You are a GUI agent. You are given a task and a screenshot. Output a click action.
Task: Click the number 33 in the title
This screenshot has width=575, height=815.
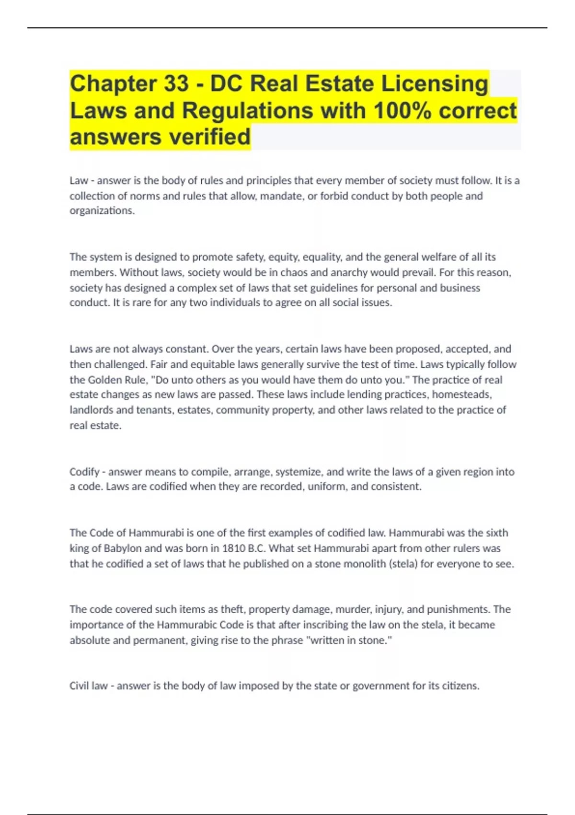pos(176,83)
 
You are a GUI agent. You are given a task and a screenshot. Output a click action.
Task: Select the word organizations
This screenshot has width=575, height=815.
pos(102,210)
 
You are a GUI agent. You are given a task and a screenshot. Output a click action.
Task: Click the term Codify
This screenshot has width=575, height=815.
pos(84,472)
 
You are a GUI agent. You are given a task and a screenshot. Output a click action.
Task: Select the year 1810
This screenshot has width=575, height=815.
pos(234,548)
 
